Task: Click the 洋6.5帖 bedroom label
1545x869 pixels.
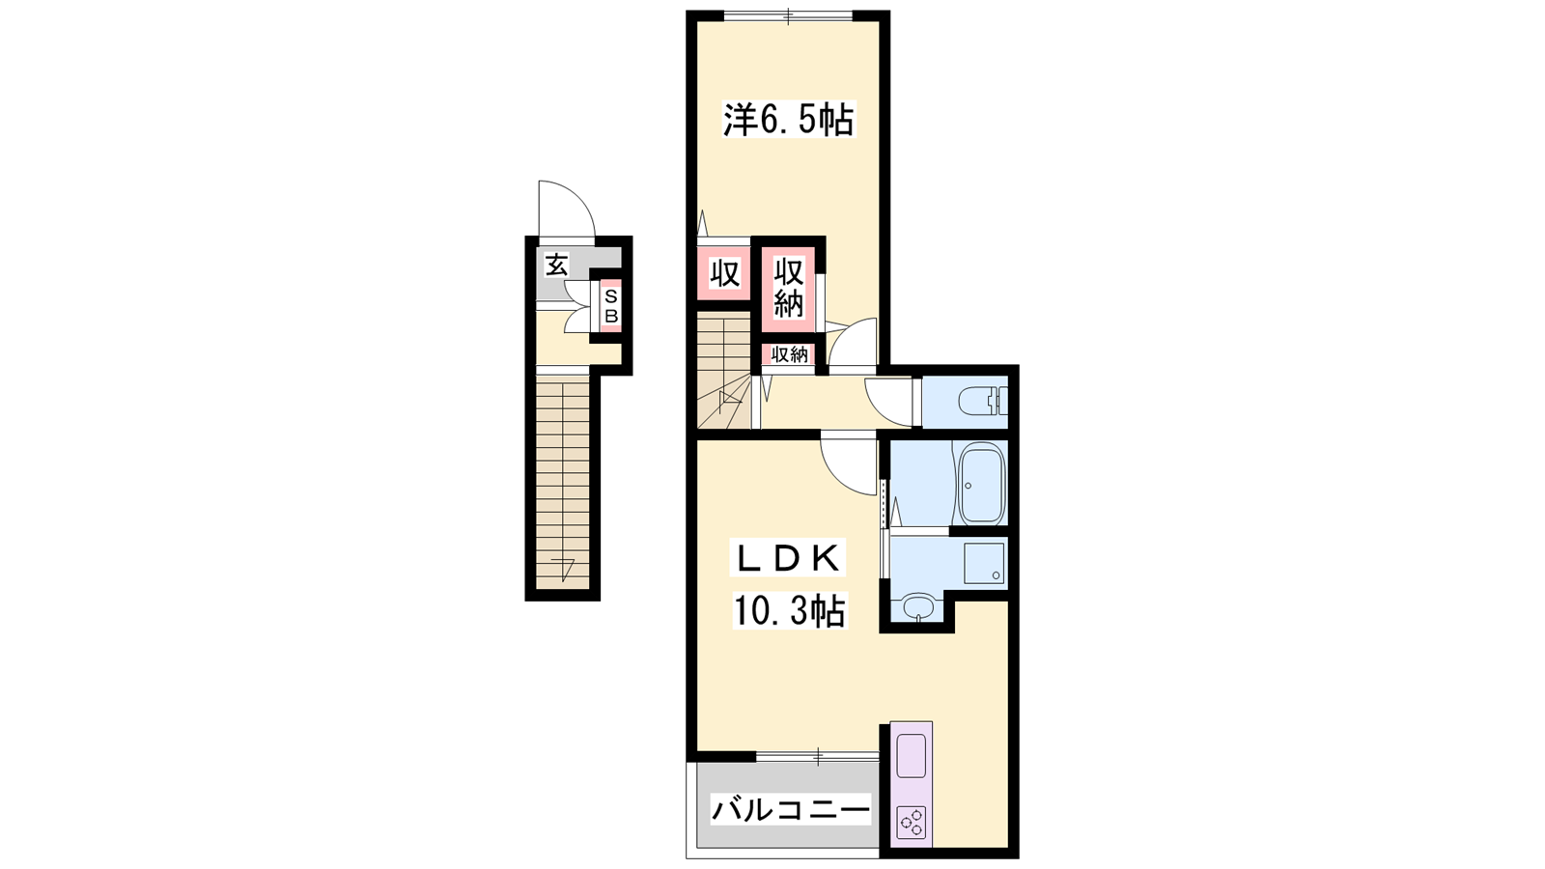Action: click(x=788, y=120)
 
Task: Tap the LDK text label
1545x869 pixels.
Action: click(x=788, y=559)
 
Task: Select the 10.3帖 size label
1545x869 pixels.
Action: click(x=788, y=610)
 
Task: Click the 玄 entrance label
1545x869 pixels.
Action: click(x=556, y=265)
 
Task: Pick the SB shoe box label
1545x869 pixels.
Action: click(x=611, y=306)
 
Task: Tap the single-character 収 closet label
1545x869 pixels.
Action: click(x=724, y=274)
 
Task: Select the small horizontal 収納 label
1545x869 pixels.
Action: click(x=789, y=354)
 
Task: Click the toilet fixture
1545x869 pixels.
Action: click(x=983, y=401)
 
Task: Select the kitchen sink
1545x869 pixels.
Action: click(x=912, y=756)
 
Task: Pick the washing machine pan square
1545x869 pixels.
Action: click(x=984, y=563)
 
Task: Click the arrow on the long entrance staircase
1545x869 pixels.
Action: click(x=565, y=569)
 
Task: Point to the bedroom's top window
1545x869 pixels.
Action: click(x=789, y=15)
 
